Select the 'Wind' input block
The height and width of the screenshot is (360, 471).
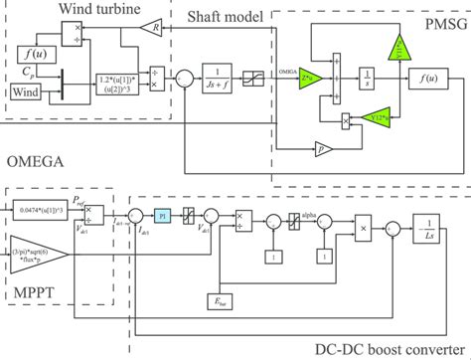tap(28, 93)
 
